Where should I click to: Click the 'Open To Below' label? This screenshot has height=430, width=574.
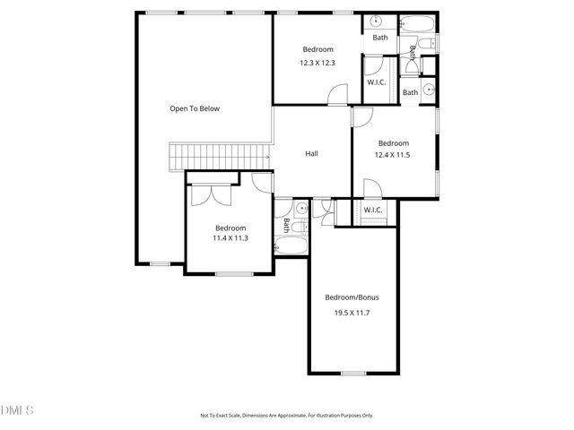click(195, 108)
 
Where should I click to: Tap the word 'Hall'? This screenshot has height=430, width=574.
click(311, 153)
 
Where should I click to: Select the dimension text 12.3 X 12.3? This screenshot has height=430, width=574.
click(317, 63)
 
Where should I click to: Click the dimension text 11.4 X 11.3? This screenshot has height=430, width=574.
click(230, 238)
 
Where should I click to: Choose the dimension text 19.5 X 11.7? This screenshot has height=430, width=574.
click(352, 313)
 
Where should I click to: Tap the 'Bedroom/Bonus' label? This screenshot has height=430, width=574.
click(352, 297)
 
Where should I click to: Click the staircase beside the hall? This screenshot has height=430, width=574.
click(221, 156)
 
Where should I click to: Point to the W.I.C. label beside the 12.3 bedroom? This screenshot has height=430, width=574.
click(377, 82)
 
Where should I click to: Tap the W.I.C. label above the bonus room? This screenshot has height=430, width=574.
click(373, 211)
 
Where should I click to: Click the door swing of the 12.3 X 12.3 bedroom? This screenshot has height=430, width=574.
click(337, 95)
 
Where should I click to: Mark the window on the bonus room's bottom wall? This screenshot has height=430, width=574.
click(353, 373)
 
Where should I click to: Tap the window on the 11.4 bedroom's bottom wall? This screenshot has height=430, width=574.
click(229, 272)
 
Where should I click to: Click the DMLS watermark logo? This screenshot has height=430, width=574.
click(18, 410)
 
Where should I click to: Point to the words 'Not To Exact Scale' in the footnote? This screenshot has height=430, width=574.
click(221, 416)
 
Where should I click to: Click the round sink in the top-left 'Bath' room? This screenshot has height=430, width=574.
click(375, 22)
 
